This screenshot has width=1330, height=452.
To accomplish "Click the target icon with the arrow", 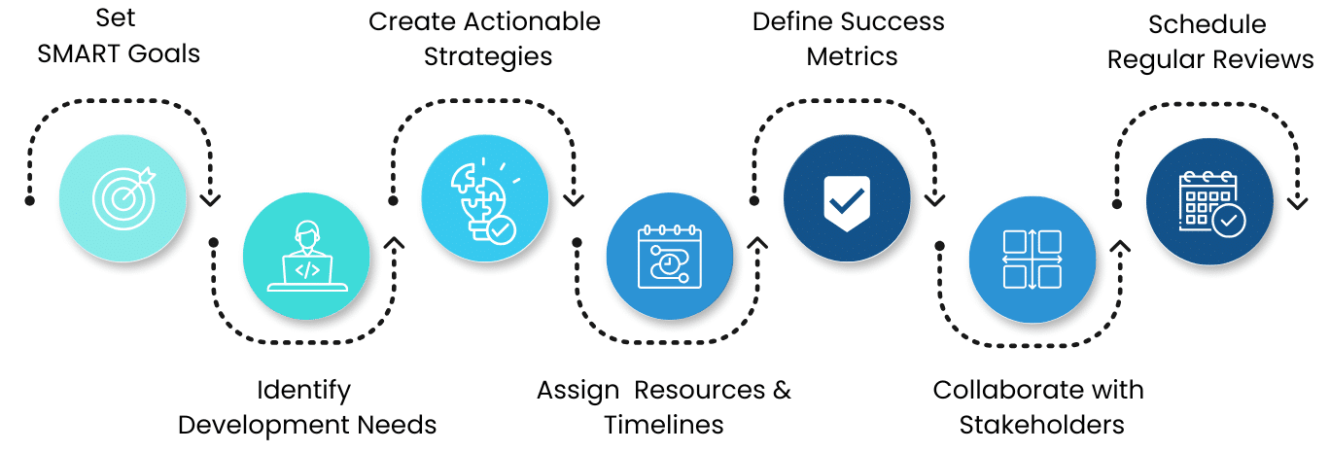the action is point(124,197).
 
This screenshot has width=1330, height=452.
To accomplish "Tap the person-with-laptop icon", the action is point(307,256).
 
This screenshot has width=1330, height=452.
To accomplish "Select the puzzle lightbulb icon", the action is point(484,200).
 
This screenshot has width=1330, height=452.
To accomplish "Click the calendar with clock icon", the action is point(669,256).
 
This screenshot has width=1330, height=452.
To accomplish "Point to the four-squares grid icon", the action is point(1032,260).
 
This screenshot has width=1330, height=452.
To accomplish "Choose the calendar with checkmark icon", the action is point(1211,203).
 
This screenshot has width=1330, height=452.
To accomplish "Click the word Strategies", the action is point(488,57).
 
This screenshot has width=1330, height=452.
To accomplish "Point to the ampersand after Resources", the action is point(782,390).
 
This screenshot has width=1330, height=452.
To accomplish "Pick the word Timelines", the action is point(664,426).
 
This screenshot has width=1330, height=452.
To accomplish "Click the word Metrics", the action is point(852,57).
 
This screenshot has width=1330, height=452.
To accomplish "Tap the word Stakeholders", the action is point(1042,426).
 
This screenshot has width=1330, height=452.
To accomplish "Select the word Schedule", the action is point(1207,24).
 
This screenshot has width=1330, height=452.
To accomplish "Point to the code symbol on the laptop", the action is point(307,271).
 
